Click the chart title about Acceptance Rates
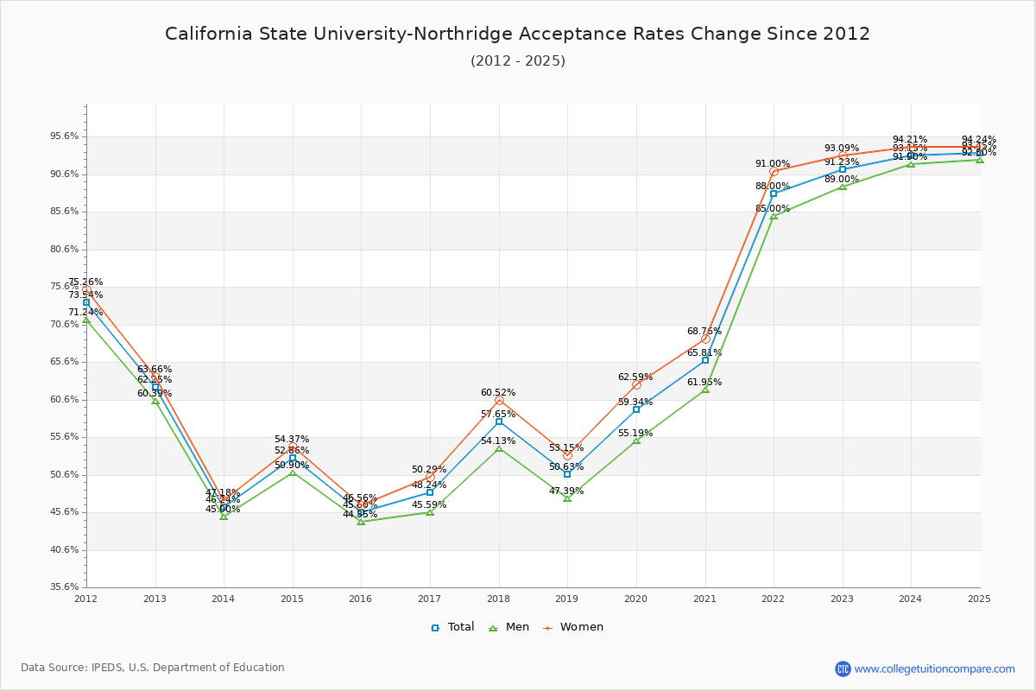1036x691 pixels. click(517, 35)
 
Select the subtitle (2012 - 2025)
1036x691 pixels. click(517, 61)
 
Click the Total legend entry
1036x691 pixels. click(452, 627)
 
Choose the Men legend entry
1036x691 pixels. click(509, 627)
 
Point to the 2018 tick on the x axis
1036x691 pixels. click(498, 599)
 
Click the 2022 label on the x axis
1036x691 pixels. click(773, 599)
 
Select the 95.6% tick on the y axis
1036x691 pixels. click(66, 136)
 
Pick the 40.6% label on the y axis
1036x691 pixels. click(66, 549)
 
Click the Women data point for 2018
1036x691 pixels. click(499, 400)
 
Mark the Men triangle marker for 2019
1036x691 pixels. click(567, 498)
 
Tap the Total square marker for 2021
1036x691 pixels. click(705, 360)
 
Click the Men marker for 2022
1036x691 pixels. click(774, 216)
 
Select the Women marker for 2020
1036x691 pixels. click(636, 384)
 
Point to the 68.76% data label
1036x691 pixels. click(704, 332)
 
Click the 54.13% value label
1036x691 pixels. click(498, 441)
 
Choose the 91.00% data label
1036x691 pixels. click(773, 164)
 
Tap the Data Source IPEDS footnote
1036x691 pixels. click(153, 668)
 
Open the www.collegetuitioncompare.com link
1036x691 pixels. click(934, 669)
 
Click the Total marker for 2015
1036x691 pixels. click(293, 458)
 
